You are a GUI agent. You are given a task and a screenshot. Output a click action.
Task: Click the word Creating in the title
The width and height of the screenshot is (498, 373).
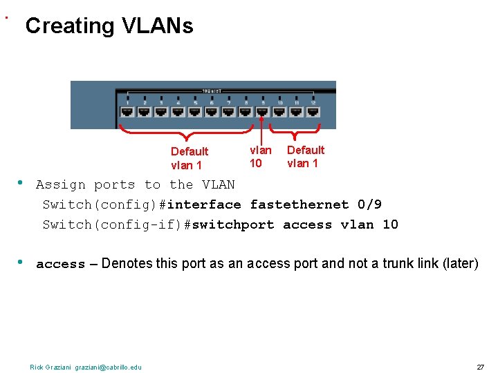coord(70,26)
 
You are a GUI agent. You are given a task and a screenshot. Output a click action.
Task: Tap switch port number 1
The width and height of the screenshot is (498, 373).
coord(127,110)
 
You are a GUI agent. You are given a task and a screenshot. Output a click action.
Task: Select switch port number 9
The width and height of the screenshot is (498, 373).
coord(263,110)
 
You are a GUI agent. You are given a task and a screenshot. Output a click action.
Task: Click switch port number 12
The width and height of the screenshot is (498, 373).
coord(313,110)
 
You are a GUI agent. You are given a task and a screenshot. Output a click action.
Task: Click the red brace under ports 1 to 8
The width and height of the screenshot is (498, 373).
coord(187,133)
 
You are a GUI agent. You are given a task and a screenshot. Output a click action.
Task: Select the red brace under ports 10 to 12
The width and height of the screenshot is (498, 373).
coord(295,131)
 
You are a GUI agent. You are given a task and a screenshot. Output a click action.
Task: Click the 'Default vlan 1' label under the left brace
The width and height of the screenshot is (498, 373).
coord(189,158)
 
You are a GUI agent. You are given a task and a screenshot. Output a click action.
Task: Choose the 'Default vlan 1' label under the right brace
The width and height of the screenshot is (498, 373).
coord(305,157)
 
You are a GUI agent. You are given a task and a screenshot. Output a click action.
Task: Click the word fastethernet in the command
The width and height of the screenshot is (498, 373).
coord(299,204)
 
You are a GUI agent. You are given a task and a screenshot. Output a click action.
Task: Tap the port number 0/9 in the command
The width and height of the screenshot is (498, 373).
coord(369,204)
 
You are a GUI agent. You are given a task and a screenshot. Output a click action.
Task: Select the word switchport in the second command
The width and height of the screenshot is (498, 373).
coord(232,224)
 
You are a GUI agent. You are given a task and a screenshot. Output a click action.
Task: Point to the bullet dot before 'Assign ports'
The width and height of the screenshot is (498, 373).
coord(21,183)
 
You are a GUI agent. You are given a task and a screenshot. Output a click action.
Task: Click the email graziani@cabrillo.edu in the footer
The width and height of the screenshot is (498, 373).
coord(109,367)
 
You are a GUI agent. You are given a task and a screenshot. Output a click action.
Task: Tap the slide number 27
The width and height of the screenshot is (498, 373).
coord(480,366)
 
